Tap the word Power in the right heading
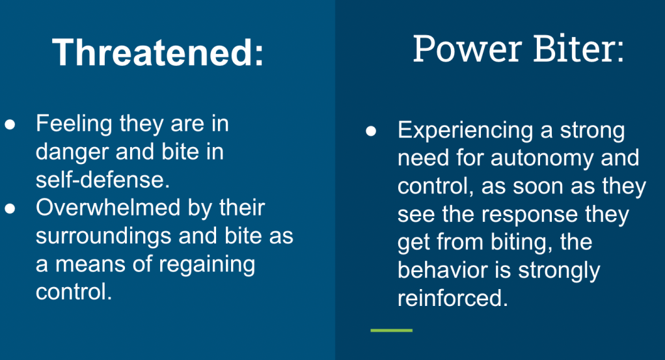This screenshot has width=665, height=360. pyautogui.click(x=467, y=49)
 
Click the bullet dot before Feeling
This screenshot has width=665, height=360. pyautogui.click(x=10, y=124)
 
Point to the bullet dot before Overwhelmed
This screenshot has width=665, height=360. pyautogui.click(x=10, y=208)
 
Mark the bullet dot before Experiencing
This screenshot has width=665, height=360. pyautogui.click(x=371, y=132)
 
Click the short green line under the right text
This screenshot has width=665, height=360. pyautogui.click(x=392, y=330)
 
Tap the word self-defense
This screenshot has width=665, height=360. pyautogui.click(x=103, y=180)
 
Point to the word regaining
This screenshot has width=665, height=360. pyautogui.click(x=207, y=266)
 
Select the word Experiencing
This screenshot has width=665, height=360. pyautogui.click(x=465, y=131)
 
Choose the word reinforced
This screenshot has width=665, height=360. pyautogui.click(x=452, y=298)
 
